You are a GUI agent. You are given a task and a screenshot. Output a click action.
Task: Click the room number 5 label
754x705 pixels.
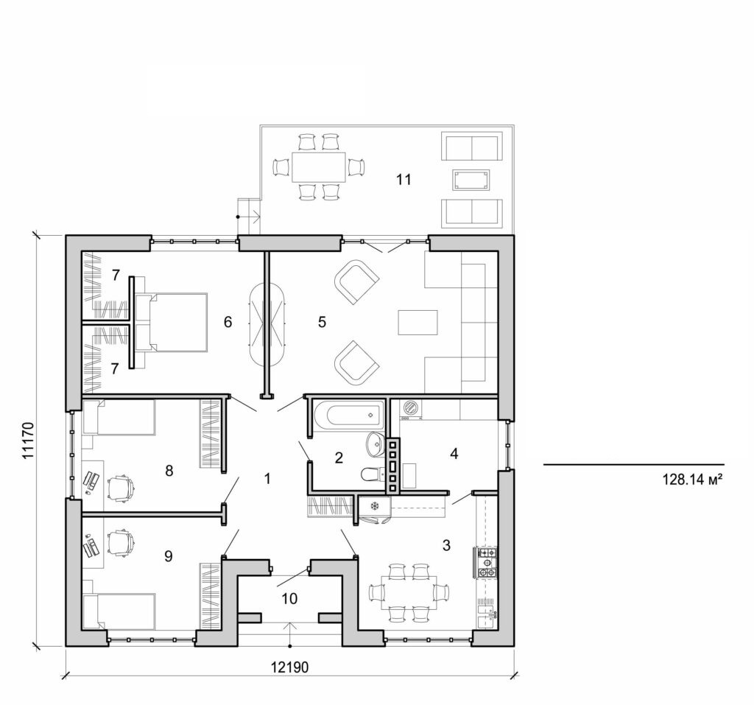[x=321, y=322]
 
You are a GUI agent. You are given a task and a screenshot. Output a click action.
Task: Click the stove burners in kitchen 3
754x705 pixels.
[x=487, y=562]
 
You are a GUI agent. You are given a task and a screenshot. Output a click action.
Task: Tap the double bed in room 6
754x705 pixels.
[x=172, y=322]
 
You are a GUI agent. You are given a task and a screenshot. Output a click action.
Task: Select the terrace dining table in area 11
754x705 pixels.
[x=318, y=166]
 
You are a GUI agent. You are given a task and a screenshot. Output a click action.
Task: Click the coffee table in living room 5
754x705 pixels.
[x=417, y=322]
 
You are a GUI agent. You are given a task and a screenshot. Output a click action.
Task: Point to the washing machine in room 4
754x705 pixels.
[x=410, y=408]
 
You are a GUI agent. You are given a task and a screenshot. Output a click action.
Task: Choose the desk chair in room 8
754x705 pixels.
[x=121, y=487]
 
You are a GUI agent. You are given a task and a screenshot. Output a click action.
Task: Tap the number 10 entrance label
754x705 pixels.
[x=289, y=599]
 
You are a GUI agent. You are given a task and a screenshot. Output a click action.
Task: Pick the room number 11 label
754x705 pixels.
[x=402, y=178]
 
